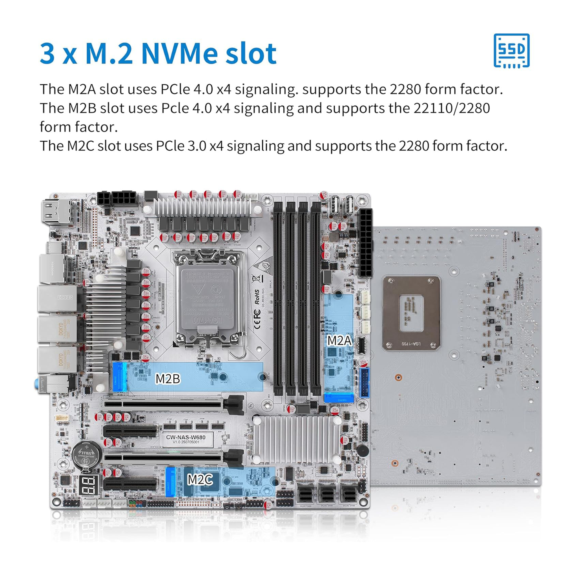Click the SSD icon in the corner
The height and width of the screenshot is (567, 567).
point(511,51)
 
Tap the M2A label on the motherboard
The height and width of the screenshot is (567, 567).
point(339,340)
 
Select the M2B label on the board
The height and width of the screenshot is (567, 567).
point(168,378)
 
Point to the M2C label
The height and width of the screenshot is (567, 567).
point(200,479)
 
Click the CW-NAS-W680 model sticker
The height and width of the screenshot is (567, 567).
point(186,439)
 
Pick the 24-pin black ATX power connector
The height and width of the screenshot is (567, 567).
point(365,243)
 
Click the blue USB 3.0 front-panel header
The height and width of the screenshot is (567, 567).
point(364,383)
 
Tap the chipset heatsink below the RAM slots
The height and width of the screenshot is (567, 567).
point(297,439)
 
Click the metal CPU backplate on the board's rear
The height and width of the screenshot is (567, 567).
point(411,313)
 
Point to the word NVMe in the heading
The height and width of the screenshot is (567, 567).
point(180,53)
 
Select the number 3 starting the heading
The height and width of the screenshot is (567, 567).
point(47,53)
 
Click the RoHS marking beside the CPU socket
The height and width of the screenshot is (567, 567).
point(257,297)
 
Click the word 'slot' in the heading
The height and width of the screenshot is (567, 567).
point(251,53)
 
